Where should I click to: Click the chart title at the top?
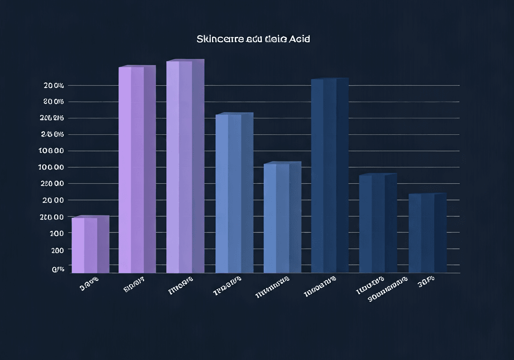(x=253, y=39)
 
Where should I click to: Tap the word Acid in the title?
(x=299, y=39)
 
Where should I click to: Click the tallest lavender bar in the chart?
(x=185, y=167)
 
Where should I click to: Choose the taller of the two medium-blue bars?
(x=234, y=193)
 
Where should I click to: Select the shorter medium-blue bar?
(x=282, y=217)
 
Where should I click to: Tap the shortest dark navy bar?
(x=427, y=233)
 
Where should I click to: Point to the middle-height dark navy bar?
(x=377, y=223)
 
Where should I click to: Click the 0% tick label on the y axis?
(x=58, y=270)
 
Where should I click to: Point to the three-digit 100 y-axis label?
(x=57, y=233)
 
